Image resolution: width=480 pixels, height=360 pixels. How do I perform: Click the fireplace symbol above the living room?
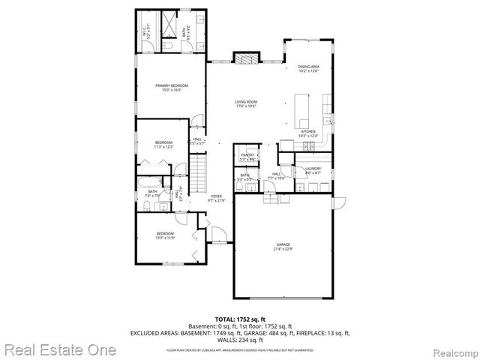coord(245,58)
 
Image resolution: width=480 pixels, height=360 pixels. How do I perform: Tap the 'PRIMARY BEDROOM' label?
coord(172,86)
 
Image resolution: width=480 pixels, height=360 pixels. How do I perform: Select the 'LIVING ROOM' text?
coord(246,103)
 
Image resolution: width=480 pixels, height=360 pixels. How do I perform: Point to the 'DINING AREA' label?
coord(309,67)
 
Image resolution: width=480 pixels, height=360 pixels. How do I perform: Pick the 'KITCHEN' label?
coord(309,132)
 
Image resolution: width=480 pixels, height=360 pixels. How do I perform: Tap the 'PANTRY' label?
coord(247,155)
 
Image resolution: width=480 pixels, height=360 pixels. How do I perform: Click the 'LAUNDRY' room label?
coord(313,169)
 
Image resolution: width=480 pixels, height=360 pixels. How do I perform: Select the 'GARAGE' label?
coord(283,244)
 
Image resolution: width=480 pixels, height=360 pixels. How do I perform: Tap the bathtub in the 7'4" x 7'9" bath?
coord(152,181)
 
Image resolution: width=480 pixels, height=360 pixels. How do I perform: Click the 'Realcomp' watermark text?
coord(452,350)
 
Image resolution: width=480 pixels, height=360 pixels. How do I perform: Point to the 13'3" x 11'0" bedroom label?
coord(165,235)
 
